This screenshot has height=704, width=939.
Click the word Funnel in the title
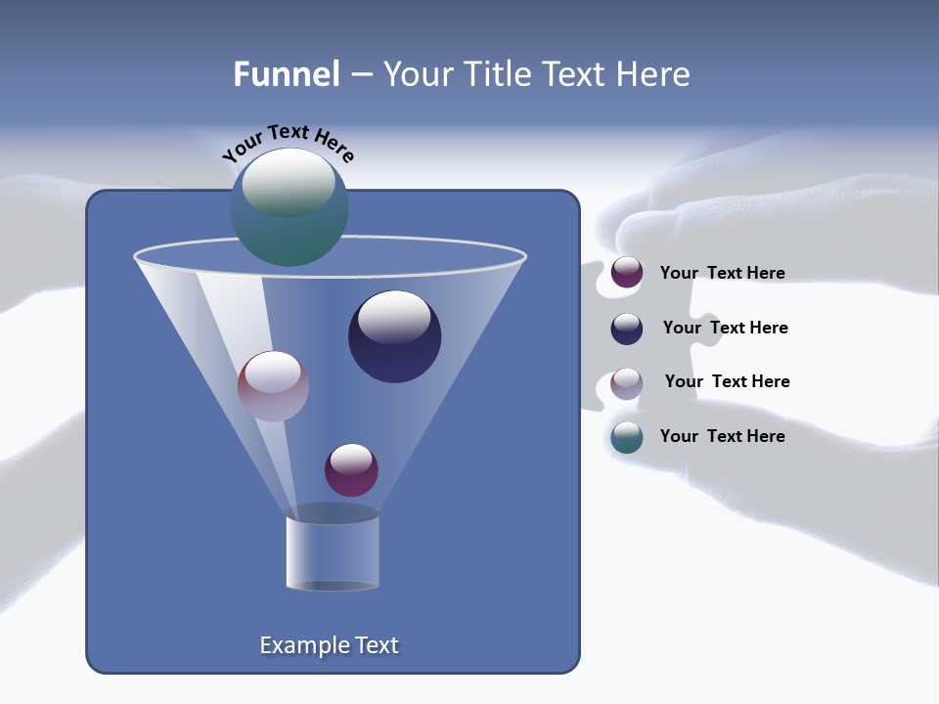[286, 74]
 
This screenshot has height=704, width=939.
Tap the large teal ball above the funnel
[289, 207]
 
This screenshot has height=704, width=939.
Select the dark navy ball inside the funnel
[394, 337]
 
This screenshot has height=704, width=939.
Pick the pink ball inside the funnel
[273, 386]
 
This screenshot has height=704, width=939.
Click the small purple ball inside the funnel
[351, 470]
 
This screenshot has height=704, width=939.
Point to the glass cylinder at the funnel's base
[333, 552]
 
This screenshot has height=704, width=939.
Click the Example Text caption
[330, 645]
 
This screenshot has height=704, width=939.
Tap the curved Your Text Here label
[288, 142]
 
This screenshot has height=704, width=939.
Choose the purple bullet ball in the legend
[627, 273]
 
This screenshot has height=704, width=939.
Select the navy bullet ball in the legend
[627, 329]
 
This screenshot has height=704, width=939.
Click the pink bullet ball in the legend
[627, 383]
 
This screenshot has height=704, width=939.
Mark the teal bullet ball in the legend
[627, 437]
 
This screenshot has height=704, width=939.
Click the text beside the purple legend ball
[722, 274]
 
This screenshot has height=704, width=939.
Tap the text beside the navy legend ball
[725, 329]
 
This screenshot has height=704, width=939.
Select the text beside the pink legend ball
[727, 382]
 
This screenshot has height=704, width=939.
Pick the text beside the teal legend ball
[722, 436]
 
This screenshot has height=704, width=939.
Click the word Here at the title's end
[655, 74]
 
